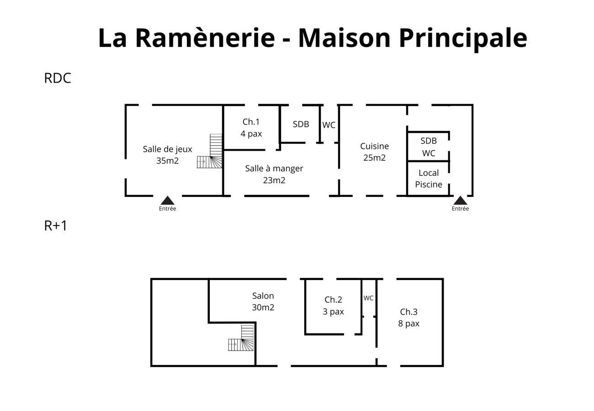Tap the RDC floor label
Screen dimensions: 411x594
58,78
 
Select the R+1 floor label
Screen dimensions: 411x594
56,226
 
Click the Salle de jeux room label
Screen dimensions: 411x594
167,155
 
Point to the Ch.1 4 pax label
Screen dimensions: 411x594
251,127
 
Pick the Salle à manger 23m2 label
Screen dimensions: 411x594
274,174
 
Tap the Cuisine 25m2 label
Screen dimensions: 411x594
374,152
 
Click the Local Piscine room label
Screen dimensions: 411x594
429,179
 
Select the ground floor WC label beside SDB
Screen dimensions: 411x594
329,125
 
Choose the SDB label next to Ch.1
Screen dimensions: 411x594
301,124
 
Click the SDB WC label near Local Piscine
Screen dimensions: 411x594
428,147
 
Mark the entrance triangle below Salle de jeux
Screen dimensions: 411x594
168,200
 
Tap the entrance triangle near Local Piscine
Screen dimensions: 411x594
460,200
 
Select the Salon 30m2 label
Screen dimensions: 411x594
263,301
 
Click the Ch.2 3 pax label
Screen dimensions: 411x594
333,306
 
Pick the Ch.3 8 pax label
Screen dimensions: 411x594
408,317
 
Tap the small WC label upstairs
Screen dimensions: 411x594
368,298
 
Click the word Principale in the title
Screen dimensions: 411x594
462,37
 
